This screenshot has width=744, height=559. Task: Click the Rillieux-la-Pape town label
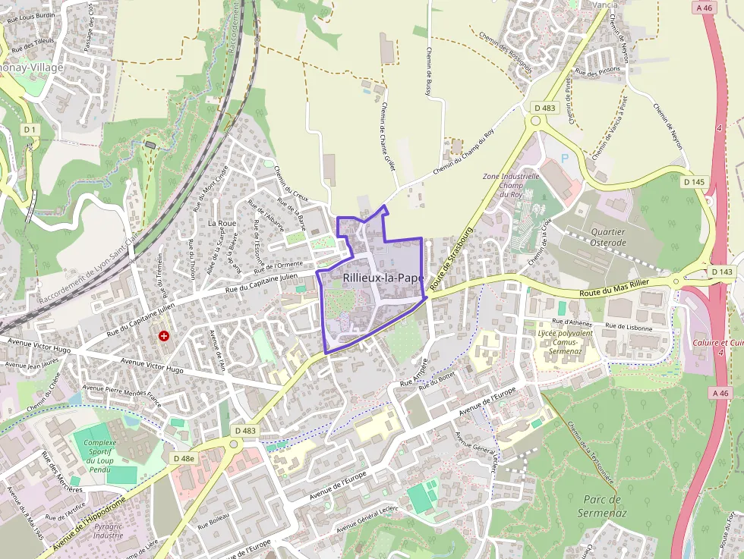(x=383, y=278)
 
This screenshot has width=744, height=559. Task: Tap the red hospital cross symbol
(x=163, y=335)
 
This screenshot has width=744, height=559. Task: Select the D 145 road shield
(x=694, y=182)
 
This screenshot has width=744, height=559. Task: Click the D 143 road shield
(x=722, y=272)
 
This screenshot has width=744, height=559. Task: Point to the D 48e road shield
(x=183, y=458)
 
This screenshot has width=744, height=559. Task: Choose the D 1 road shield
(x=30, y=130)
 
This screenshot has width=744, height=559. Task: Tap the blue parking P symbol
(x=564, y=159)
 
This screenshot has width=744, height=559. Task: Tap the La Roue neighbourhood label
(x=222, y=224)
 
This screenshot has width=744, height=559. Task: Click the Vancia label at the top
(x=605, y=4)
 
